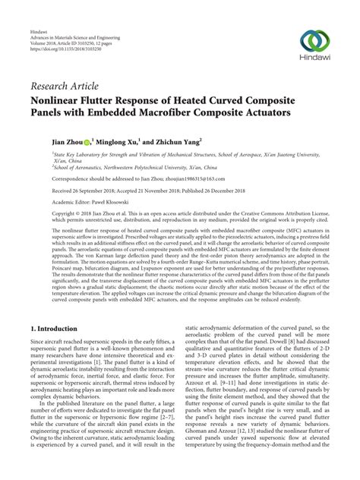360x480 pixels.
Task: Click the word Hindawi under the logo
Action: pos(313,57)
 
